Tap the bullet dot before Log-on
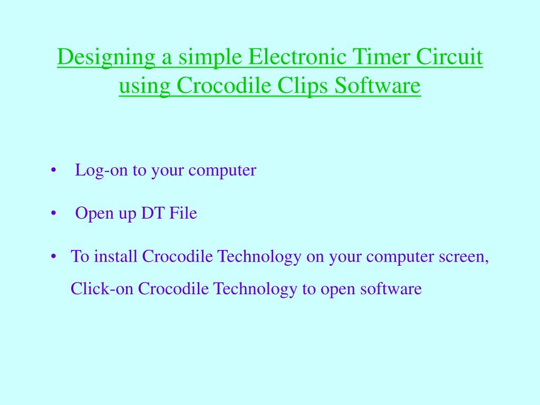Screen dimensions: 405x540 [54, 171]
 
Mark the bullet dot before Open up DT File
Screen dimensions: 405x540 [54, 214]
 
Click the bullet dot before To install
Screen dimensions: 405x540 [54, 257]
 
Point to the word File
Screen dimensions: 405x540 [182, 214]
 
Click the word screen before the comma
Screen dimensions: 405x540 [462, 257]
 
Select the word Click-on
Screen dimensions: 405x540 [102, 289]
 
